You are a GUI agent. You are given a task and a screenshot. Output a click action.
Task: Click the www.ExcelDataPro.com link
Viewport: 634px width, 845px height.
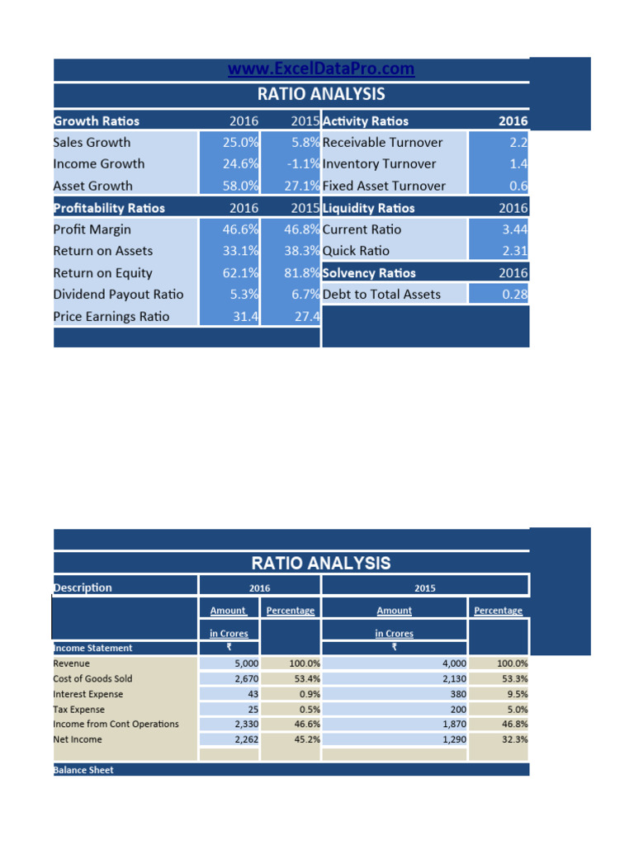click(x=321, y=69)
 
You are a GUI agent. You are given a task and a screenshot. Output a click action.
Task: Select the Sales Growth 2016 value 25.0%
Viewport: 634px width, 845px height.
click(x=241, y=142)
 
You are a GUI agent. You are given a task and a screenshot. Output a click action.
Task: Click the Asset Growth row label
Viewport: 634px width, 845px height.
click(x=92, y=186)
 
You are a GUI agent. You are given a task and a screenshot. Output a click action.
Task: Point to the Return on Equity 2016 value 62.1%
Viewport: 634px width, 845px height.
click(x=241, y=273)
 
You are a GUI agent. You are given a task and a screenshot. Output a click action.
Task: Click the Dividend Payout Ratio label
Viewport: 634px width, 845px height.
click(x=118, y=295)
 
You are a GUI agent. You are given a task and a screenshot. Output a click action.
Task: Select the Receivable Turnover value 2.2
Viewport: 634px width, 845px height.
click(x=519, y=142)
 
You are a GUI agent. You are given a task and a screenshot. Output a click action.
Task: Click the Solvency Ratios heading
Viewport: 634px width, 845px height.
click(x=369, y=273)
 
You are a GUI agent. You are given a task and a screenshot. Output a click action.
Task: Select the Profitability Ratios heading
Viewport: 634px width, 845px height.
click(x=109, y=208)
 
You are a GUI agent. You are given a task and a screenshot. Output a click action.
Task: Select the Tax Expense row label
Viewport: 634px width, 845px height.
click(x=79, y=710)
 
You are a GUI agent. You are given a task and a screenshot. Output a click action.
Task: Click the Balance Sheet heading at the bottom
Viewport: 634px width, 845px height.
click(x=83, y=770)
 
